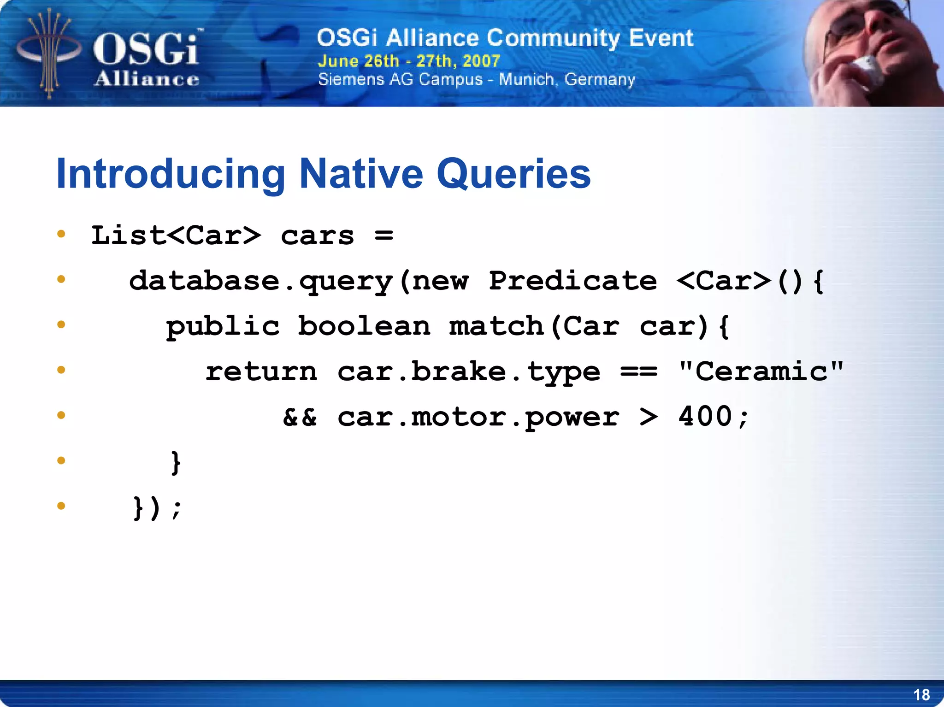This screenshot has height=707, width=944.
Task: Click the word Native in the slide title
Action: (361, 174)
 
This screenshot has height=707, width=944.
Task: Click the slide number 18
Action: (921, 695)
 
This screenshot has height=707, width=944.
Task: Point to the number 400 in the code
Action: (704, 416)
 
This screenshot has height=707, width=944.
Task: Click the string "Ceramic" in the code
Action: (761, 371)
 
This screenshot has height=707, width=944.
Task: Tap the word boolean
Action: (364, 326)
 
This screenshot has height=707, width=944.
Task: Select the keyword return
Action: (261, 371)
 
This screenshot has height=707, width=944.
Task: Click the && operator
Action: (300, 417)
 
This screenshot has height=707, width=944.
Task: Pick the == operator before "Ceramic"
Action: (638, 371)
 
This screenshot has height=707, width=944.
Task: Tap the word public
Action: (223, 327)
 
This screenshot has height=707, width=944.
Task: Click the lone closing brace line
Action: (176, 462)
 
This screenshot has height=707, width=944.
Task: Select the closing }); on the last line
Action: (157, 508)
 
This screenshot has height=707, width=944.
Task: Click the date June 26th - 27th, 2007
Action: (408, 61)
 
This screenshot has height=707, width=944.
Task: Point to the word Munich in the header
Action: (526, 79)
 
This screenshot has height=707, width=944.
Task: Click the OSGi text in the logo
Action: (146, 50)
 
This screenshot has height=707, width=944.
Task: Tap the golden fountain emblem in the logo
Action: (48, 53)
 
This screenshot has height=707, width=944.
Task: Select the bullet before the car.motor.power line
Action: (61, 415)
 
